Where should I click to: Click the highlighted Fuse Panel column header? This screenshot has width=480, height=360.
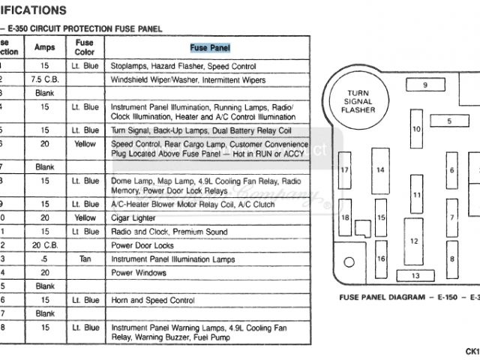(x=210, y=48)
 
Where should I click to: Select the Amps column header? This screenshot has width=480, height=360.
(x=45, y=47)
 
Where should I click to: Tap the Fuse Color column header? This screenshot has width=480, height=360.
(x=85, y=47)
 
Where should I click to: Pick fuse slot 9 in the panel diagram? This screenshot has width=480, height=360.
(x=424, y=85)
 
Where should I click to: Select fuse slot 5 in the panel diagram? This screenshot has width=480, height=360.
(x=449, y=121)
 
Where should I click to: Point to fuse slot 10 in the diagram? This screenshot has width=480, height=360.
(x=415, y=129)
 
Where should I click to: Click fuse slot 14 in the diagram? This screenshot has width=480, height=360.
(x=380, y=170)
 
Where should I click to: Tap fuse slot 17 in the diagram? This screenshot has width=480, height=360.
(x=345, y=170)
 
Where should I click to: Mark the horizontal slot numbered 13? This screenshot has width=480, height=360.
(x=414, y=276)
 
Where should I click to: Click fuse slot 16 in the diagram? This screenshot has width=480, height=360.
(x=381, y=259)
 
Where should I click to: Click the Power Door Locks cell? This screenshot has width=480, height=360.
(x=143, y=245)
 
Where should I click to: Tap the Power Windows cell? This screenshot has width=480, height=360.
(x=139, y=273)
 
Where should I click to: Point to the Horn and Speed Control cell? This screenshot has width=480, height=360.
(x=152, y=300)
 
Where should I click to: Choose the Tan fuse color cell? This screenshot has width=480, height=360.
(x=85, y=259)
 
